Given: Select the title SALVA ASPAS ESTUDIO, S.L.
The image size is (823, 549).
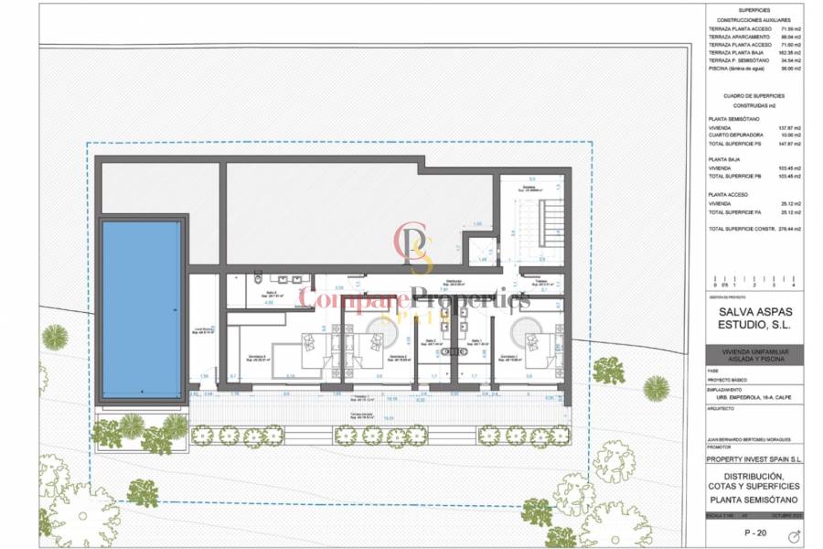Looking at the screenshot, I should (754, 317).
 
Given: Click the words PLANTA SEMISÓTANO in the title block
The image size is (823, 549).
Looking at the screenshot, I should (754, 501).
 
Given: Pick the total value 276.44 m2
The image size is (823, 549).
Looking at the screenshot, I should (787, 228).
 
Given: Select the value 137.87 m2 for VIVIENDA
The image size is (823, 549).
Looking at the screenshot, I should (788, 127).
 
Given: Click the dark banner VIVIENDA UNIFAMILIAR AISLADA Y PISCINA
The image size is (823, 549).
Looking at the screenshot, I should (754, 355).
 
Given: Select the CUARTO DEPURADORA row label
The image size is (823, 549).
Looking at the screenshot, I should (737, 135).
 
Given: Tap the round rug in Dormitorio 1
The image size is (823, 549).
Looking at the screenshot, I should (525, 329).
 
